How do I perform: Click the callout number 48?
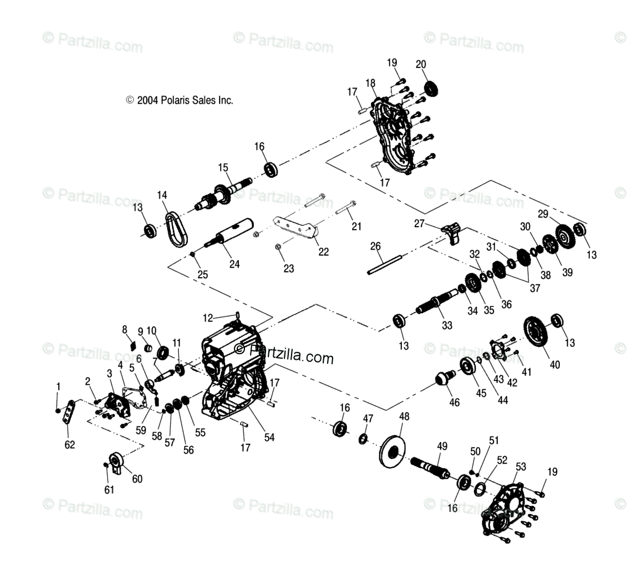404,416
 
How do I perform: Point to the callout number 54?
269,437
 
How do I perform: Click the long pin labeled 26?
384,265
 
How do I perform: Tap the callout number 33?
447,325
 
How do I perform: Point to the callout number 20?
421,64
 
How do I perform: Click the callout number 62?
70,445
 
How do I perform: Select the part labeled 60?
115,463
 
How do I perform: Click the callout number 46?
454,402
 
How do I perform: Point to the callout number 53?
521,466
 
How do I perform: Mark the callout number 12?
208,318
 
